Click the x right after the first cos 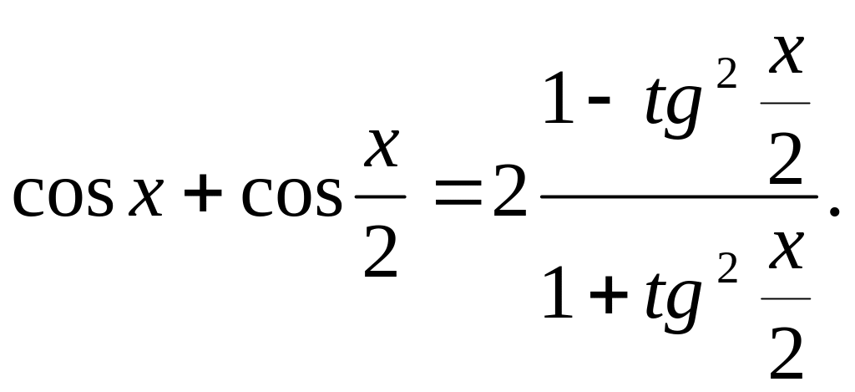144,199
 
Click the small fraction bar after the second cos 381,197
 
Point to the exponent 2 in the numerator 727,77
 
